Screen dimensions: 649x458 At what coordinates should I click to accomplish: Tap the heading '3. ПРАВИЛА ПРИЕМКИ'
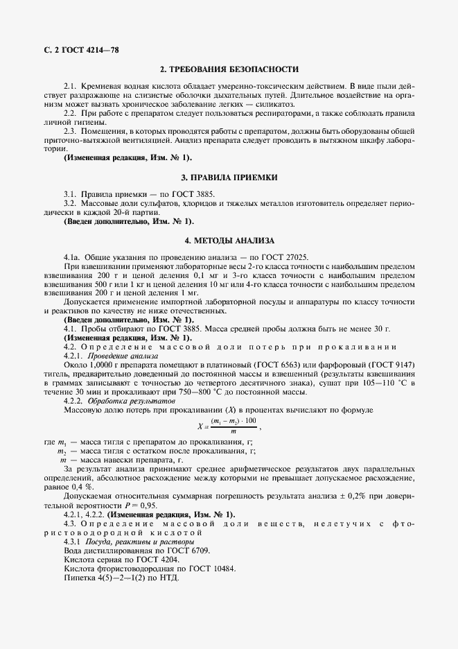[x=229, y=178]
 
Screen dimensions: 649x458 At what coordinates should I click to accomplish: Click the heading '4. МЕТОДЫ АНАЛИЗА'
[x=229, y=241]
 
